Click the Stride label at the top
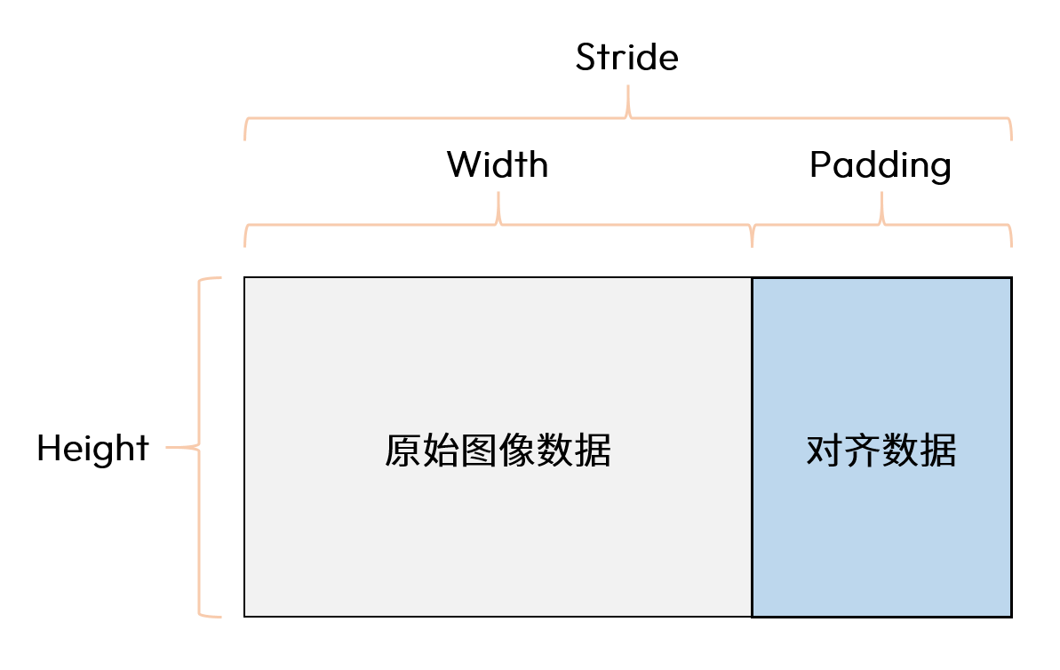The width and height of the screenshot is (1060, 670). tap(626, 57)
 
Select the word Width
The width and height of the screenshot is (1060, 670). tap(498, 164)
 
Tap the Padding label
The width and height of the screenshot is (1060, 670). tap(881, 166)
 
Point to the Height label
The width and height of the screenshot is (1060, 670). tap(92, 449)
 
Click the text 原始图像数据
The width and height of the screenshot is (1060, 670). tap(498, 451)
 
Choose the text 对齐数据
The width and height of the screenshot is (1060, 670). tap(881, 451)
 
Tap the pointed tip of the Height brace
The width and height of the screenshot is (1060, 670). tap(168, 447)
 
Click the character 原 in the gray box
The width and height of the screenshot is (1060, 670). tap(402, 451)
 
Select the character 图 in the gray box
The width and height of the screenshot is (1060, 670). tap(479, 451)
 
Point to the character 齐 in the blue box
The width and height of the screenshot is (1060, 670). tap(863, 451)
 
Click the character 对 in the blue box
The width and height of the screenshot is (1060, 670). tap(825, 451)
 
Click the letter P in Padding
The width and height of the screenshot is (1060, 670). tap(820, 165)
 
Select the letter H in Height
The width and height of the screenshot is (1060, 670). tap(49, 449)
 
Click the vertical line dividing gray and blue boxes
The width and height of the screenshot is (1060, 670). tap(752, 447)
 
